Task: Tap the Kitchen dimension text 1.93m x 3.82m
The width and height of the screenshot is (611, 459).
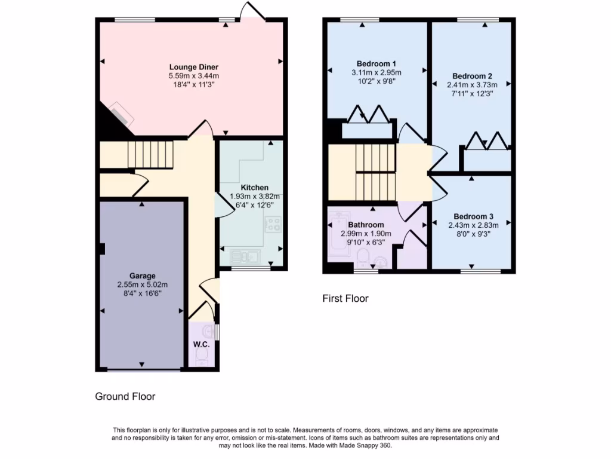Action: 255,196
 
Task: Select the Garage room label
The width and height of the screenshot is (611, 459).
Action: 143,276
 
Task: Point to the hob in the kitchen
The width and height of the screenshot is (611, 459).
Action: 273,225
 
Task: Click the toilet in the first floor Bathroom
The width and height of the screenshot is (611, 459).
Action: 363,258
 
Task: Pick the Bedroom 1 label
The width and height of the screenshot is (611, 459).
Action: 377,64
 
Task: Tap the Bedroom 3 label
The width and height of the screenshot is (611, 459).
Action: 473,216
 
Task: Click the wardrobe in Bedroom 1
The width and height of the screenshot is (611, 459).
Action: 369,129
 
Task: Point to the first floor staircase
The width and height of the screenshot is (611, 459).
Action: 376,173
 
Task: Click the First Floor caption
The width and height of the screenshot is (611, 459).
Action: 345,298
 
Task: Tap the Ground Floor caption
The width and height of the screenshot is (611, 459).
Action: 125,396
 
